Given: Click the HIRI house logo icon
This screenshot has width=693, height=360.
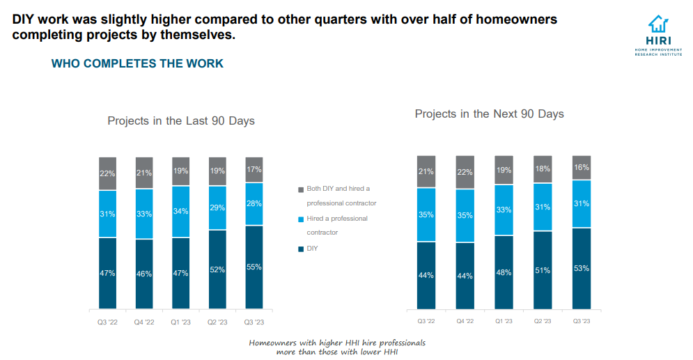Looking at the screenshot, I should click(658, 25).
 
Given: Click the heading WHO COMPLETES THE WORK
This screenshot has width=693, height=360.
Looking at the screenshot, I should click(137, 63).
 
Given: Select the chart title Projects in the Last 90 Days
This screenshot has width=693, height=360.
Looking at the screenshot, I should click(181, 120).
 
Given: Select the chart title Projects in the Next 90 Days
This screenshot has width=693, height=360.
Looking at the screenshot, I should click(489, 114).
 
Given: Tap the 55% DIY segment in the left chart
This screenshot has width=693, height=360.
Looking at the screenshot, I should click(254, 267).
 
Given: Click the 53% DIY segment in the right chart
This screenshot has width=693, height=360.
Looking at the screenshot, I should click(582, 268).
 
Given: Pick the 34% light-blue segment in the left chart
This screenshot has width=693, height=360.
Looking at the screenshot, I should click(181, 212).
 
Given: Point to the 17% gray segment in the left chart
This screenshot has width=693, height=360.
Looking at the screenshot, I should click(254, 169).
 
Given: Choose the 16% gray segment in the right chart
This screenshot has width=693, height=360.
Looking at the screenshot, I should click(582, 168).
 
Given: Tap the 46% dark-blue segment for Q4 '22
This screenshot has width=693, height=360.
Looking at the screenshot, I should click(144, 274).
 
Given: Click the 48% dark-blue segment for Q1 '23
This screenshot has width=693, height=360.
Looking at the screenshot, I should click(504, 272).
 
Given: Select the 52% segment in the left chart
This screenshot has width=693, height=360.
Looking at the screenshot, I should click(217, 269).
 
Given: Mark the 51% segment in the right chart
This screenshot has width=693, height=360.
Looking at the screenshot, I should click(543, 270).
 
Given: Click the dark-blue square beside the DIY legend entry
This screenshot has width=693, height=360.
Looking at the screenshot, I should click(301, 248).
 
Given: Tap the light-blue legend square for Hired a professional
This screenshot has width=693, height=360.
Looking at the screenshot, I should click(301, 219).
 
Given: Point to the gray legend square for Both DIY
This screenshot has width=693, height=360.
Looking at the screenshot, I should click(301, 189).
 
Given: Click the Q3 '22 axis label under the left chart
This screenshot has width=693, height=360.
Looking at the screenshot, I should click(107, 322).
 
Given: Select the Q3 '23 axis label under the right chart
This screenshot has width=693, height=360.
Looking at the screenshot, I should click(582, 321).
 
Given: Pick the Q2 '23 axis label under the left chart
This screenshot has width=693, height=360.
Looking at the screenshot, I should click(217, 322).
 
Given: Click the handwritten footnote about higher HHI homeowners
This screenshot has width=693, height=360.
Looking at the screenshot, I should click(337, 347).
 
